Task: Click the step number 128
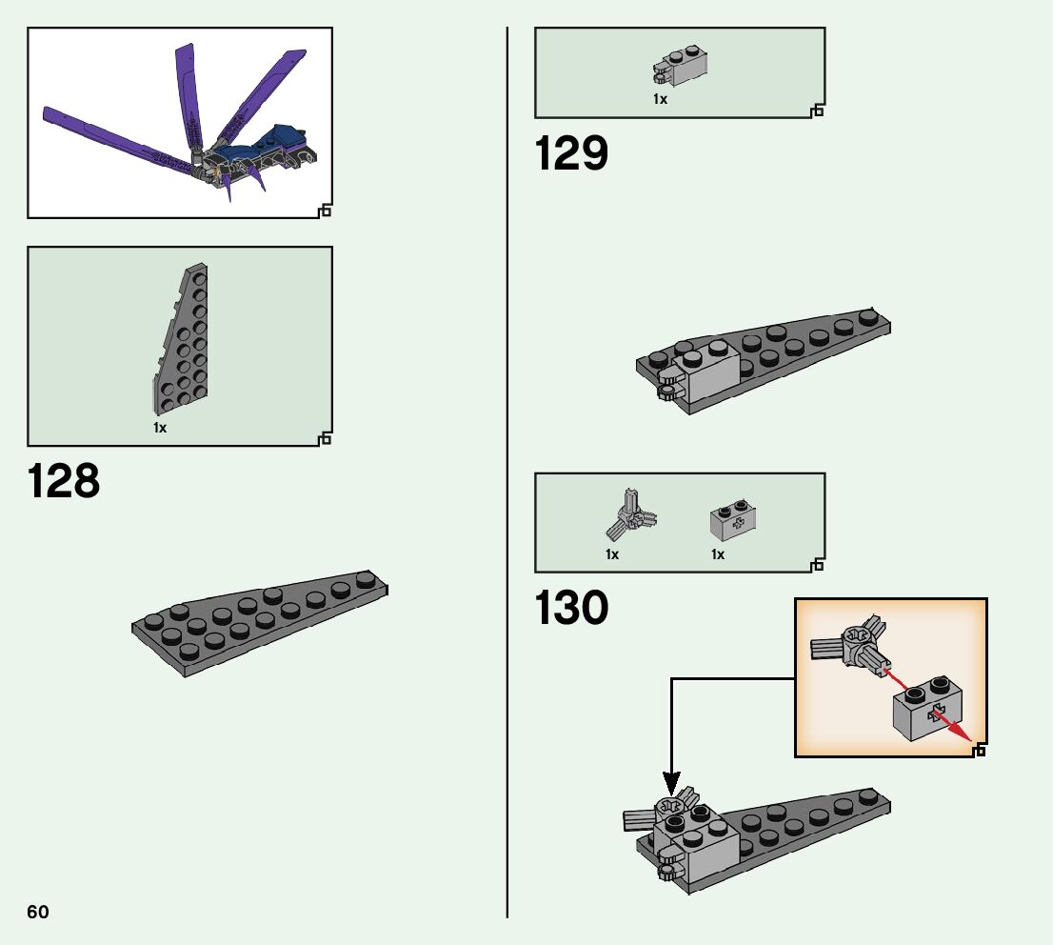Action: pyautogui.click(x=64, y=482)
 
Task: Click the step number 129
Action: pyautogui.click(x=571, y=153)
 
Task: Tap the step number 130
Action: pyautogui.click(x=571, y=608)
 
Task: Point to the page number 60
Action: pyautogui.click(x=38, y=912)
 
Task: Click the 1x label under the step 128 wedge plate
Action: pyautogui.click(x=160, y=429)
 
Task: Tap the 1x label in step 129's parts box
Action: pyautogui.click(x=660, y=99)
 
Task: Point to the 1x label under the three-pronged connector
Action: pyautogui.click(x=612, y=554)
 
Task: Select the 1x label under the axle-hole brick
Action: pyautogui.click(x=718, y=554)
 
